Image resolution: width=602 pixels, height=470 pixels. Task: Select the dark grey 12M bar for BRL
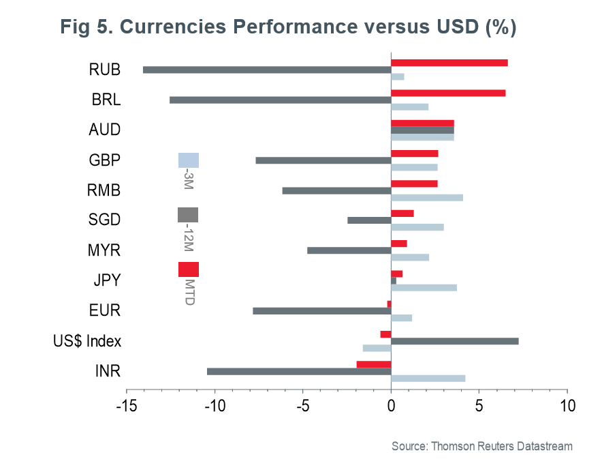(280, 100)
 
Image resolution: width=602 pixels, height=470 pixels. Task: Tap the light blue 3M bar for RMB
(427, 198)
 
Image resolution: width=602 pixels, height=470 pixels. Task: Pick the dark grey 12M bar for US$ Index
(455, 341)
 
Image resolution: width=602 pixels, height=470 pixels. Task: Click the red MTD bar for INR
(374, 364)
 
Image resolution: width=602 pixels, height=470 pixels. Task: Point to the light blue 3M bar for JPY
(424, 287)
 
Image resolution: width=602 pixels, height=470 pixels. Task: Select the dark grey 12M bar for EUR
(322, 311)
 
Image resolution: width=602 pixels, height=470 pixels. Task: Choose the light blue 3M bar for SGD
(417, 227)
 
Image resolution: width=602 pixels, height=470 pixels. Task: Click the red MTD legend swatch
(189, 269)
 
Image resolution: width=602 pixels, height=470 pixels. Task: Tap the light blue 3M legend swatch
(189, 160)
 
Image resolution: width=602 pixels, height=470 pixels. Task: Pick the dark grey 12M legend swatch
(188, 215)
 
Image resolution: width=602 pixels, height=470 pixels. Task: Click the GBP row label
(105, 161)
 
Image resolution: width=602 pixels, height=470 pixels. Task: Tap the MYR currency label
(104, 250)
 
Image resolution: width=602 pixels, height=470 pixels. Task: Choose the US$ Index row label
(87, 341)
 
